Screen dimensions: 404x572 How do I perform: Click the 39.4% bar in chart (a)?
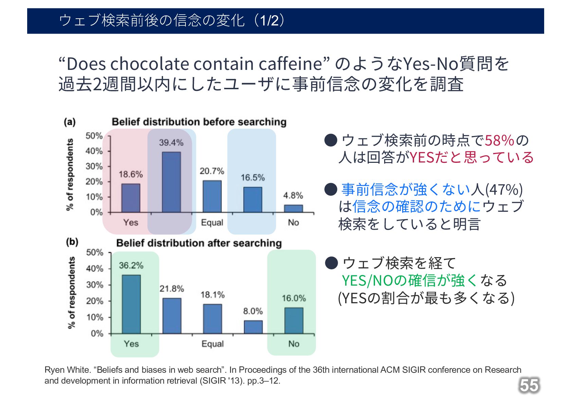pos(171,182)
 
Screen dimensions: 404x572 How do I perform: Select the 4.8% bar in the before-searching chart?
pos(293,208)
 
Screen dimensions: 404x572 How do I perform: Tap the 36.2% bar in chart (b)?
pos(131,304)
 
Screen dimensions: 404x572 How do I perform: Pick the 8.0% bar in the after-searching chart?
pos(253,327)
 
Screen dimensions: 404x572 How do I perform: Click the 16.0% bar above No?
pos(294,321)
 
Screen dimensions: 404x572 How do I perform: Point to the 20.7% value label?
pos(212,171)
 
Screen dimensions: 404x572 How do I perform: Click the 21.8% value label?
pos(172,289)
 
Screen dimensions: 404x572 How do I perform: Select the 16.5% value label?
pos(252,178)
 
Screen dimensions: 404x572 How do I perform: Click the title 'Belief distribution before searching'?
pos(199,122)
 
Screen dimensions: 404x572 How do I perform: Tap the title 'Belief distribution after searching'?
pos(199,243)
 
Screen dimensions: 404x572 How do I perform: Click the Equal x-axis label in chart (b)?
pos(212,344)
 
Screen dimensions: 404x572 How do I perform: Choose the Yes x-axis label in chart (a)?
pos(130,223)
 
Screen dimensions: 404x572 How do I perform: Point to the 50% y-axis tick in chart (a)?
pos(94,136)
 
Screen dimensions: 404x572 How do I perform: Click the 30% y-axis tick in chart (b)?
pos(94,285)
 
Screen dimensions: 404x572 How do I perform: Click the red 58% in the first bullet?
pos(499,140)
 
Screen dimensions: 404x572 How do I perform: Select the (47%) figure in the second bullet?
pos(504,190)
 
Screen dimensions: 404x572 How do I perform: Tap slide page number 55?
pos(529,386)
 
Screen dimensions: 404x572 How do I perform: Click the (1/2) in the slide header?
pos(270,21)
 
